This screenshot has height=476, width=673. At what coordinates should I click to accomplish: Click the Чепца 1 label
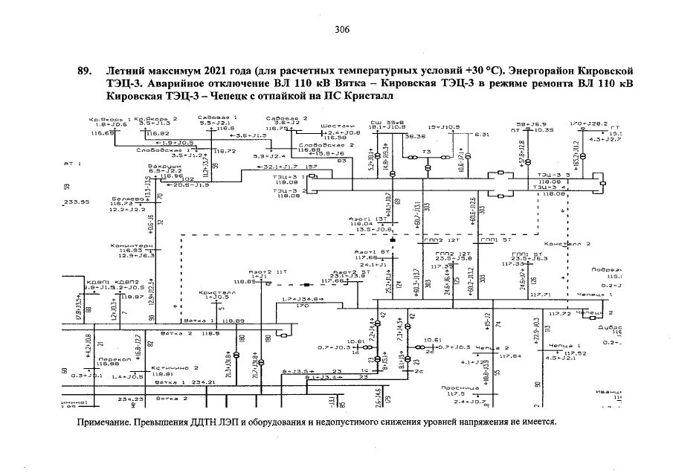click(x=561, y=345)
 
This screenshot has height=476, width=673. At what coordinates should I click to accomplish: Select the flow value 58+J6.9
click(x=532, y=123)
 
